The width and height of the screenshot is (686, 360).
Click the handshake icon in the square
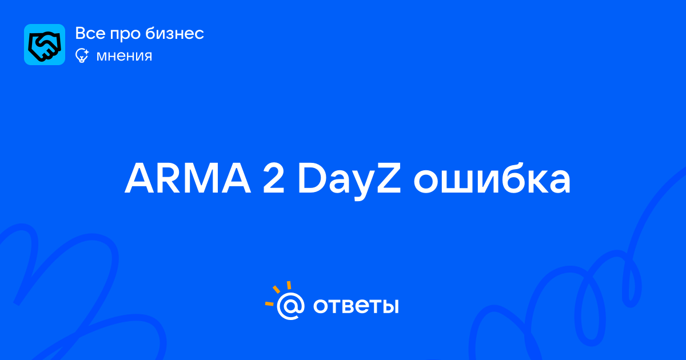45,45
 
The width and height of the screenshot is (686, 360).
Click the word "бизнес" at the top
174,33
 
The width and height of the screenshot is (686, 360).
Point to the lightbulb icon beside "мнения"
82,55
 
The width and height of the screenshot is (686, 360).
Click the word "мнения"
124,56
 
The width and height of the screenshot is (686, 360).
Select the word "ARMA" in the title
188,179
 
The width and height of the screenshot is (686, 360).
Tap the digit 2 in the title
273,178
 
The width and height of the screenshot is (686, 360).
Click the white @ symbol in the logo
290,306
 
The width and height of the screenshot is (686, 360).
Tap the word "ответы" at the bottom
356,306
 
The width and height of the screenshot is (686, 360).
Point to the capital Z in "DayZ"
389,179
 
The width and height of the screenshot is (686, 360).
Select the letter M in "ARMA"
201,179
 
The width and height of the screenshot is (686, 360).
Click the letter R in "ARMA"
170,179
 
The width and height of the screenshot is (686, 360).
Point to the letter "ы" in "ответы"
389,306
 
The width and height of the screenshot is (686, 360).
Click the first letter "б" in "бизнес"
151,33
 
